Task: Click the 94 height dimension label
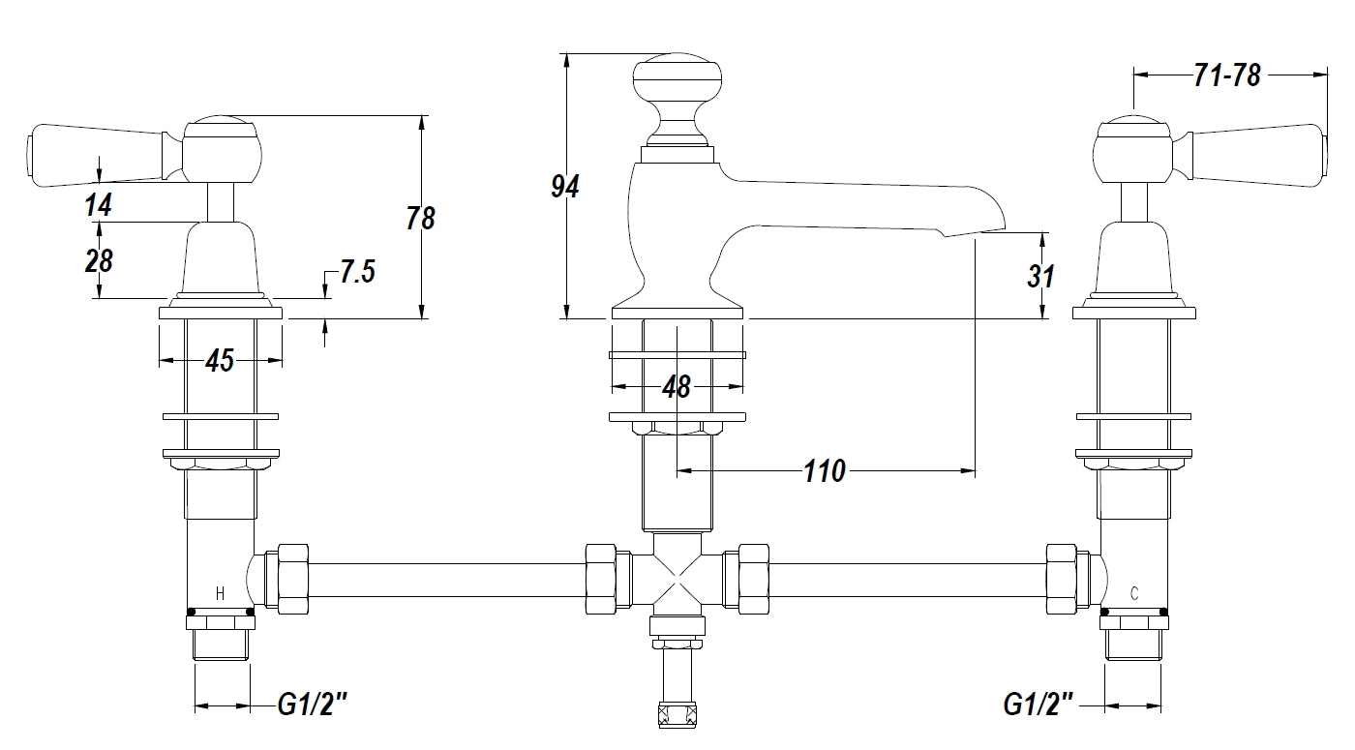[564, 187]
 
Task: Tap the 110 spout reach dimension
[825, 471]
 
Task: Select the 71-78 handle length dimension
[1227, 75]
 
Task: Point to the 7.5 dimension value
[356, 273]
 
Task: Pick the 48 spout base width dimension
[677, 387]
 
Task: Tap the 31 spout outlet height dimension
[1040, 277]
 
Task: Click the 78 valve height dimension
[421, 219]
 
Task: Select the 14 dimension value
[98, 205]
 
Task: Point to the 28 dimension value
[98, 260]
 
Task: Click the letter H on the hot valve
[220, 593]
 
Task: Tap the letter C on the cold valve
[1134, 593]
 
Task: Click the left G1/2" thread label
[312, 705]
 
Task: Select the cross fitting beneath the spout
[677, 579]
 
